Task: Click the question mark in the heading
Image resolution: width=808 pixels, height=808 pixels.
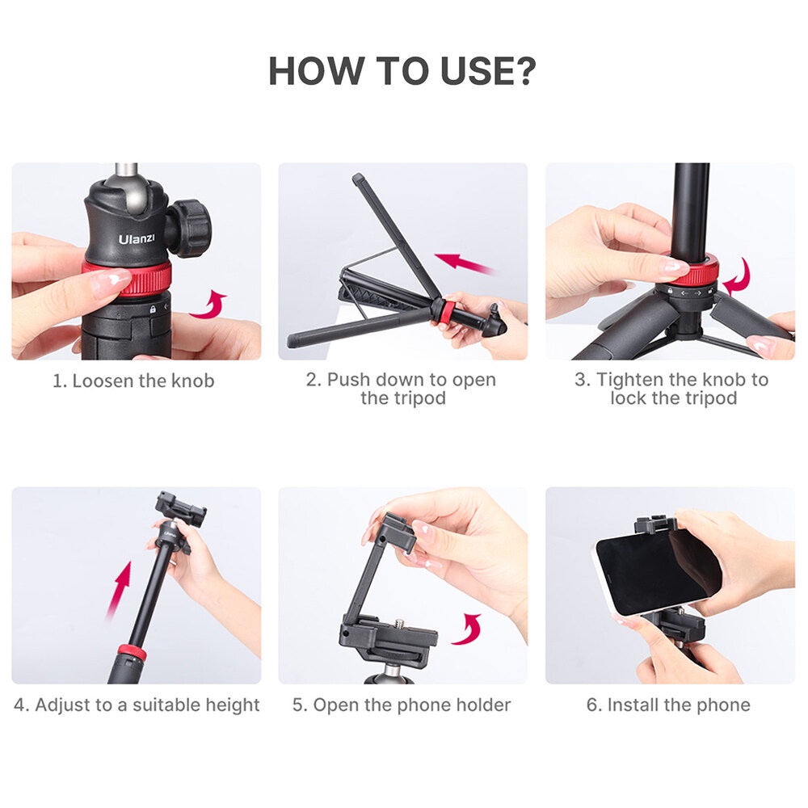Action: click(521, 71)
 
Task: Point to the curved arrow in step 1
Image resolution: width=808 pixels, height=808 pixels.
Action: click(208, 305)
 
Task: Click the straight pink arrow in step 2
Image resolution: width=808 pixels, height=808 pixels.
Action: click(465, 263)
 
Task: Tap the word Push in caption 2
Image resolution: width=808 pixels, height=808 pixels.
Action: click(347, 380)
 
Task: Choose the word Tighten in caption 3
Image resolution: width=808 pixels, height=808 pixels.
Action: click(631, 380)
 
